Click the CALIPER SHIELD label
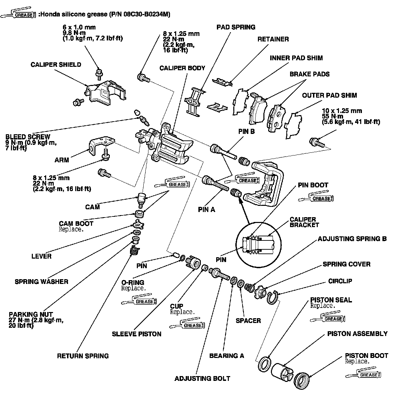pos(56,65)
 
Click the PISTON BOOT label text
pos(366,356)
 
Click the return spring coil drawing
pos(134,250)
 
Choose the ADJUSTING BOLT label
pos(202,378)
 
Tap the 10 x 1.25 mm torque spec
pos(351,116)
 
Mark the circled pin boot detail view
pos(259,245)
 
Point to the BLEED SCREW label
pos(28,137)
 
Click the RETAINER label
pos(273,39)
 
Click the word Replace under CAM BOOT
pos(71,229)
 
